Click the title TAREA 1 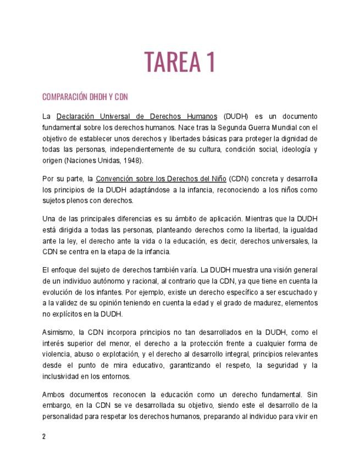tap(179, 62)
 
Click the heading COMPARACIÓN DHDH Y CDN tap(85, 97)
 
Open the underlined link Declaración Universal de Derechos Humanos tap(137, 116)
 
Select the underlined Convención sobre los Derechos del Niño tap(160, 179)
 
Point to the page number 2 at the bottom tap(44, 437)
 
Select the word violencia tap(57, 354)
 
